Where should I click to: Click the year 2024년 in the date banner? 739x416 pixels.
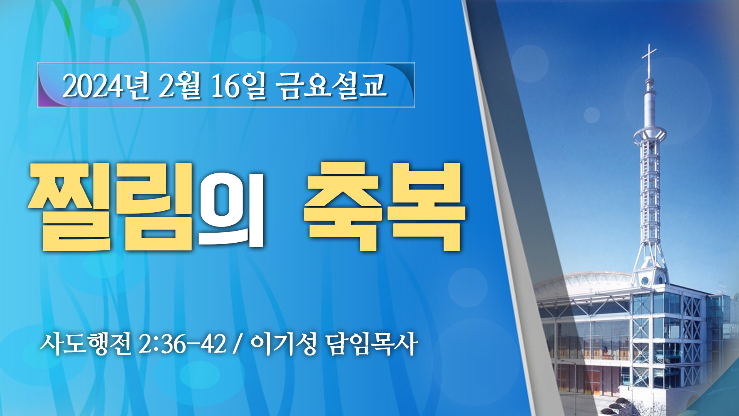point(106,86)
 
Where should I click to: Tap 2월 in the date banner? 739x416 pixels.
point(180,86)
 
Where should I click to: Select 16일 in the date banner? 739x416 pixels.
point(239,86)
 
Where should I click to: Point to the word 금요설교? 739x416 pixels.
point(331,86)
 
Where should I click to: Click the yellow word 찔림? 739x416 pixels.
point(110,207)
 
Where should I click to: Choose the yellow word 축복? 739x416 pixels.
point(385,207)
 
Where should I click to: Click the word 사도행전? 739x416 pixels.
point(86,344)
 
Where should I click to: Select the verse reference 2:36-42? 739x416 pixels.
point(182,344)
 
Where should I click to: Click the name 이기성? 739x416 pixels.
point(284,344)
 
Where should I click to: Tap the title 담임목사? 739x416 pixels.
point(372,344)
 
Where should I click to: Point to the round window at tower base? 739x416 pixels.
point(645,281)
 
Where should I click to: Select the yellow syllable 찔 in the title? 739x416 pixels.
point(70,207)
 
